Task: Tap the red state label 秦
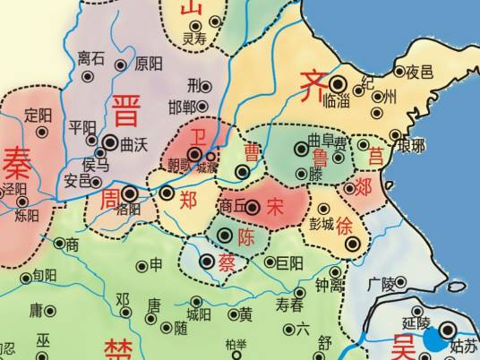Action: click(16, 163)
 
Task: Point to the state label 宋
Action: click(275, 206)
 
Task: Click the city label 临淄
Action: click(335, 103)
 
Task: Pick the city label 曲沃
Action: click(133, 142)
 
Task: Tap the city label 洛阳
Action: click(129, 208)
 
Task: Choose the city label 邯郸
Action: click(184, 107)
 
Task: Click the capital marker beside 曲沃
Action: click(109, 141)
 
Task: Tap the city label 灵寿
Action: click(194, 39)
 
